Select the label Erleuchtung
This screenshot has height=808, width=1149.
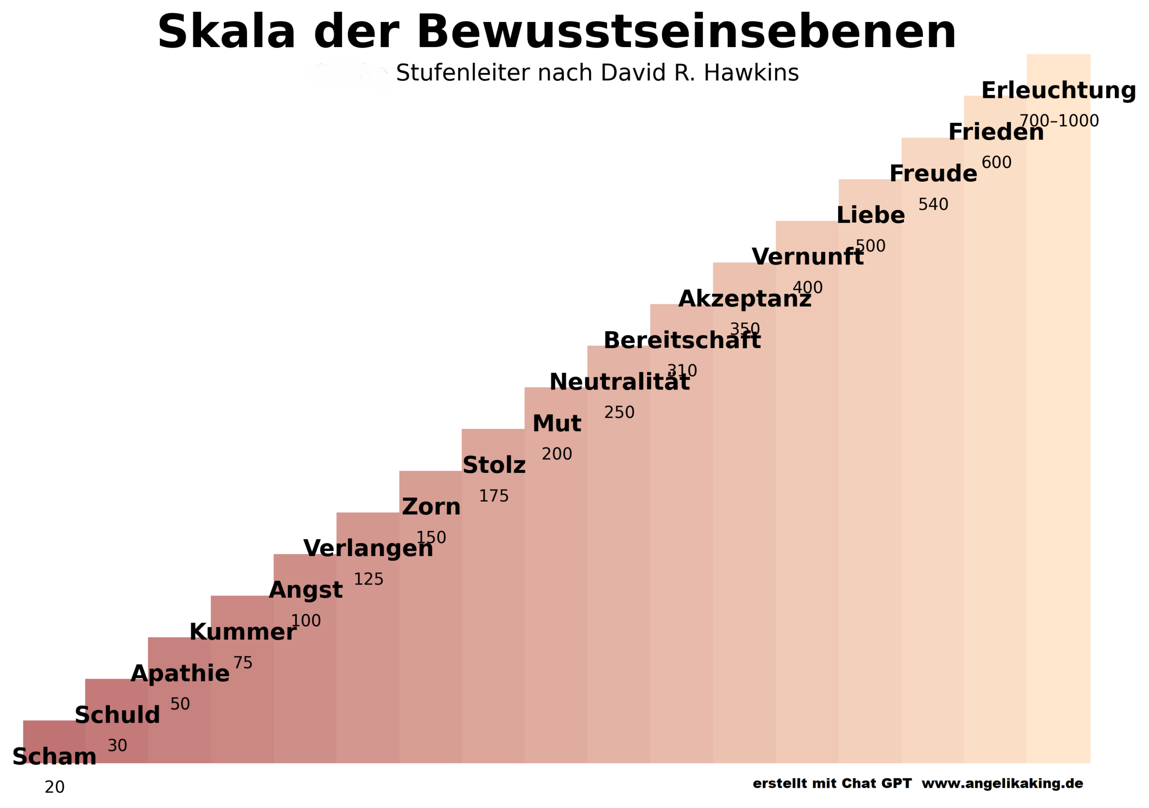1058,91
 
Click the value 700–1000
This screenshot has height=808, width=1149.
1059,121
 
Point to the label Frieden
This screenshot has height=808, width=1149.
996,132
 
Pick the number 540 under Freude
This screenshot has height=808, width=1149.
933,204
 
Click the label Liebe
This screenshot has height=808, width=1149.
870,216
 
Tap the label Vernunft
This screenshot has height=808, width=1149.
807,257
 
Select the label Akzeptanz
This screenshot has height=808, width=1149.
745,299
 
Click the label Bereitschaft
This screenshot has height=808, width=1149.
682,341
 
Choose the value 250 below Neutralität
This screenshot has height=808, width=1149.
619,412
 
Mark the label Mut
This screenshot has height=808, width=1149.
557,424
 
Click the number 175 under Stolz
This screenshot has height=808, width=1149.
493,496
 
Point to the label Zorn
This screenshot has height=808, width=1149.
431,507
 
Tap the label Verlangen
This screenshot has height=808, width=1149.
368,548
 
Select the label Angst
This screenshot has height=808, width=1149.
305,590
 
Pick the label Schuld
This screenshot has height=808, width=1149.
117,715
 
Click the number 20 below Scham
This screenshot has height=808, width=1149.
55,787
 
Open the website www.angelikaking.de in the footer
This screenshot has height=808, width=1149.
1002,783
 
